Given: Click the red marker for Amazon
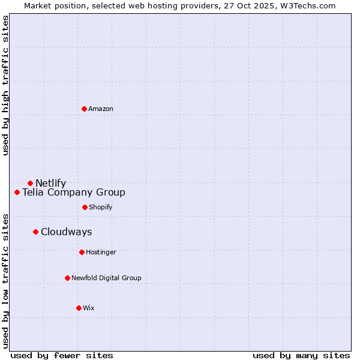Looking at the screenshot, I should click(84, 109).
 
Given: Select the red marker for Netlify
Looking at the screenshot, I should click(30, 183).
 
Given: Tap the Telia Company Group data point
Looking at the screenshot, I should click(17, 192).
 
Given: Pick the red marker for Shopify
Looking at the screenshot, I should click(85, 207).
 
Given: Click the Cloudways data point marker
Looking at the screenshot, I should click(35, 232).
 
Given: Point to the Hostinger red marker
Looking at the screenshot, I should click(82, 252).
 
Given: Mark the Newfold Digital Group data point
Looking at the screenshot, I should click(67, 278).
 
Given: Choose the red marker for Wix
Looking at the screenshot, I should click(79, 308).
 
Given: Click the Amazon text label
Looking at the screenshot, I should click(101, 109).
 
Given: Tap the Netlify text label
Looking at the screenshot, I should click(51, 183).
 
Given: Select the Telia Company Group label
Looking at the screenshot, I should click(74, 192).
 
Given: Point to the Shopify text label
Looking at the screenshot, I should click(101, 207).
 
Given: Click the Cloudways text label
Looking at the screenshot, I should click(67, 232).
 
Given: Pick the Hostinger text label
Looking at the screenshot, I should click(101, 252).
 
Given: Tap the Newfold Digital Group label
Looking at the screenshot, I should click(106, 278).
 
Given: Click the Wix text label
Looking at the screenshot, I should click(89, 308).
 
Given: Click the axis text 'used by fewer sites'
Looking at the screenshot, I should click(62, 355).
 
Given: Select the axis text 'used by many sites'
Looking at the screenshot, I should click(301, 355).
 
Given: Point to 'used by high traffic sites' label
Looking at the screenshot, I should click(5, 85).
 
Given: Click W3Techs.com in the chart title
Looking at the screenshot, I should click(306, 5).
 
